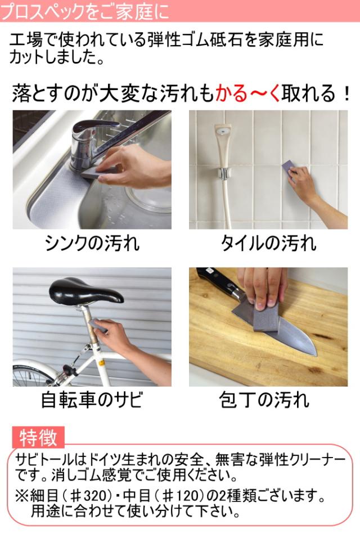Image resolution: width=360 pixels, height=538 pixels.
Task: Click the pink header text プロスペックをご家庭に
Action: click(85, 11)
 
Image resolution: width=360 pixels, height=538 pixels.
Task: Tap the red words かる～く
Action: click(248, 93)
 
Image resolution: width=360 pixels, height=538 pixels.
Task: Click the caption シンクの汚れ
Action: click(92, 243)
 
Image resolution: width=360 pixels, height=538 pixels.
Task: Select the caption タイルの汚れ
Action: click(268, 243)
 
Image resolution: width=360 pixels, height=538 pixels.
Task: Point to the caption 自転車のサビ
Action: click(92, 400)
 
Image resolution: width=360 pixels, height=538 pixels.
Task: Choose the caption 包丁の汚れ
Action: click(264, 400)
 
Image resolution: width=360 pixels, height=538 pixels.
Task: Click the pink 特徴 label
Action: click(38, 437)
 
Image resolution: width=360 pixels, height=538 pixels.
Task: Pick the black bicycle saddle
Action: click(85, 290)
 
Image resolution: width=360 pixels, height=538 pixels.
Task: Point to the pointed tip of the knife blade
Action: click(315, 356)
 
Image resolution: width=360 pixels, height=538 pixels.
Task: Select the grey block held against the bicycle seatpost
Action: click(97, 324)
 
